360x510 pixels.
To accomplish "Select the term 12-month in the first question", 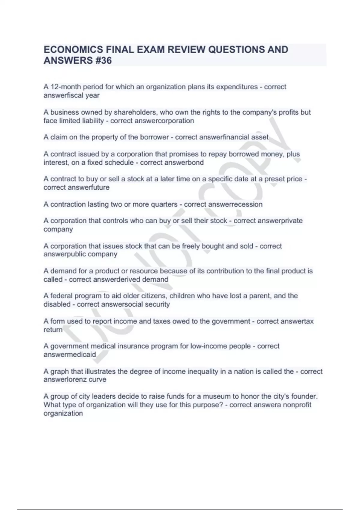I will pyautogui.click(x=66, y=87).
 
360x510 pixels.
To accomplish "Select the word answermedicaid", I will pyautogui.click(x=70, y=354).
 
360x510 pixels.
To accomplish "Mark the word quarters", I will pyautogui.click(x=164, y=204).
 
